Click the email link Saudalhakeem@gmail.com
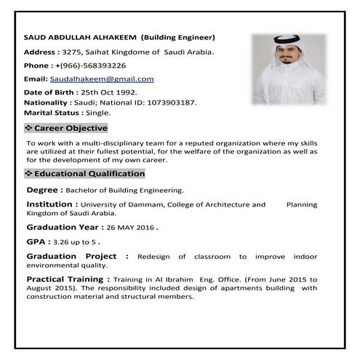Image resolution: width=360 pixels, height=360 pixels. point(101,79)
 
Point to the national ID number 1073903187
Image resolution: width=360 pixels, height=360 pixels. point(170,103)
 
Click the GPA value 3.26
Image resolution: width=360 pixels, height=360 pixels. point(65,241)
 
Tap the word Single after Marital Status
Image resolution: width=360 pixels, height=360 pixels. point(98,113)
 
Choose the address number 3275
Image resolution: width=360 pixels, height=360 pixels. point(73,52)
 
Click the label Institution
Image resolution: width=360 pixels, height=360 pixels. point(50,204)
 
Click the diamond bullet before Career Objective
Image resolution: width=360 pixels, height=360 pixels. point(28,128)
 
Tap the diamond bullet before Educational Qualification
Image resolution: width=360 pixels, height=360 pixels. point(28,174)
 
